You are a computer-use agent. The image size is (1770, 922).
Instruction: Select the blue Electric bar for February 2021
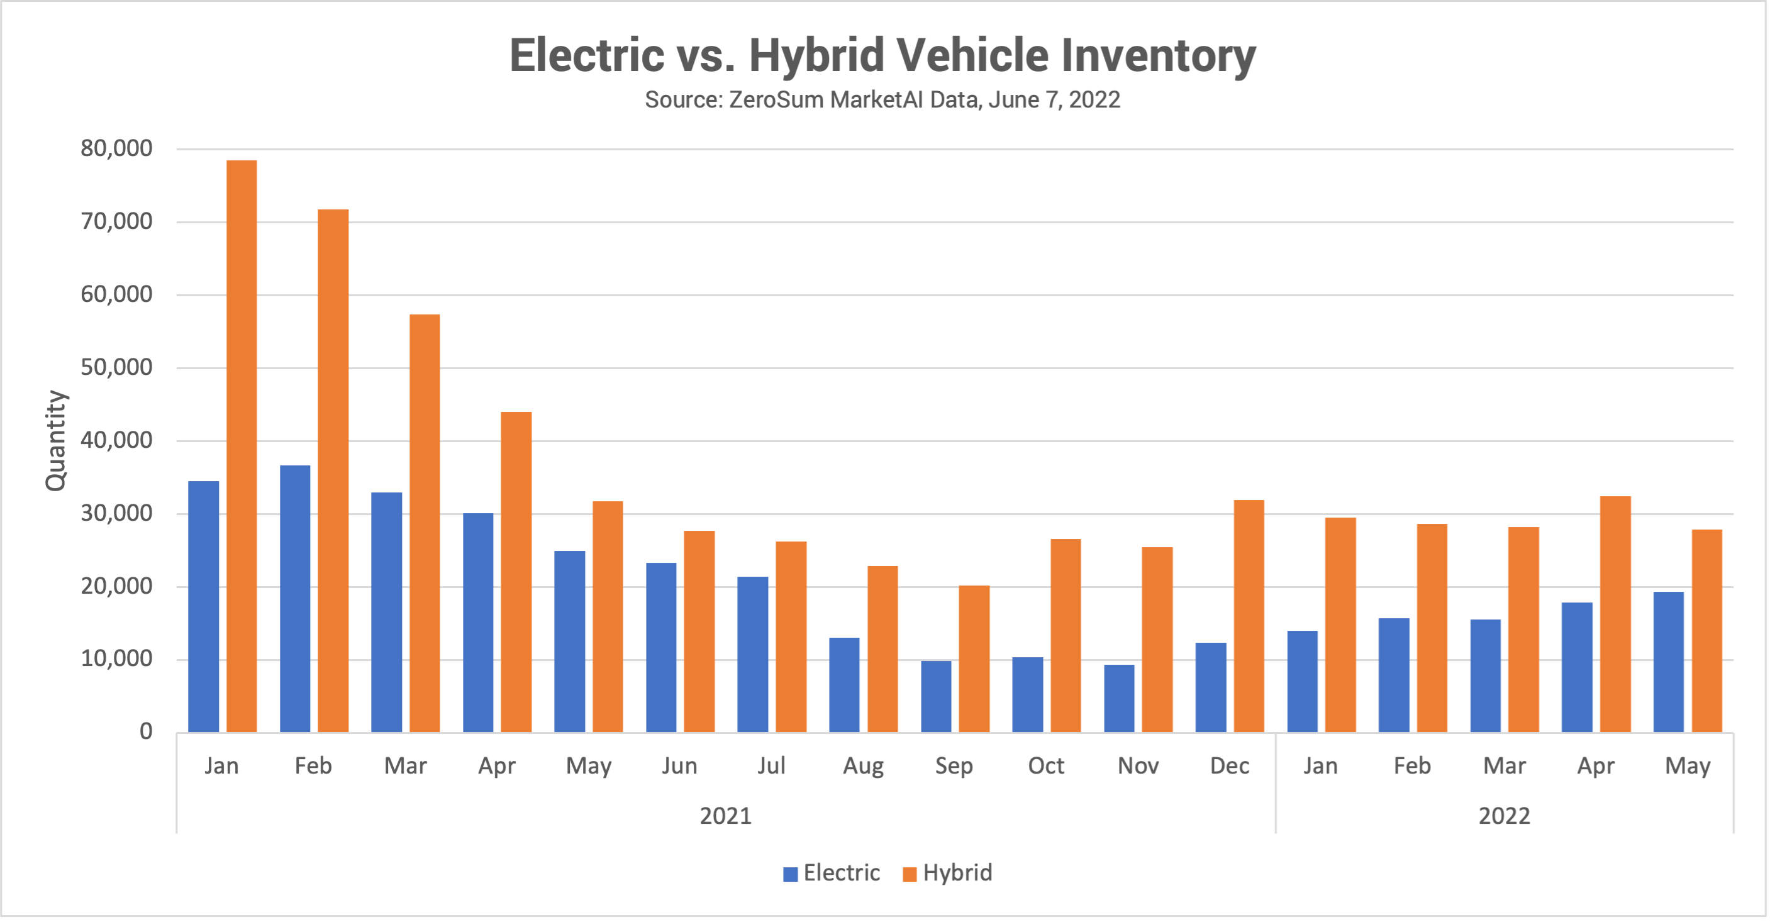pos(295,598)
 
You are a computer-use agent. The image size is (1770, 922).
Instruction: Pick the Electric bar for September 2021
pos(936,696)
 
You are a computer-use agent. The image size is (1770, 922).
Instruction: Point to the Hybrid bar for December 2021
pos(1249,616)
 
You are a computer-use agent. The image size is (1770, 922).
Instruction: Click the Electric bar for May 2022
pos(1668,662)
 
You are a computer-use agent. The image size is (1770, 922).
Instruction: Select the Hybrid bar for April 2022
pos(1615,614)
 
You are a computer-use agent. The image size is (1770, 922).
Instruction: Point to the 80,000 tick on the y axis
pos(116,148)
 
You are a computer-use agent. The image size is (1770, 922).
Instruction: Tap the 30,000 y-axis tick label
pos(116,513)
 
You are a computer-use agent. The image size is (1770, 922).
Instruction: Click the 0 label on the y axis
pos(146,731)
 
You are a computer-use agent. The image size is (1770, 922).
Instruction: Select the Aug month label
pos(863,766)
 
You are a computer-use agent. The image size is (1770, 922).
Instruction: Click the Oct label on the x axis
pos(1046,766)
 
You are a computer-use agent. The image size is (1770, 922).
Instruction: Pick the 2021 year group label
pos(726,816)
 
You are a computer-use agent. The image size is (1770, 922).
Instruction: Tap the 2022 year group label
pos(1504,816)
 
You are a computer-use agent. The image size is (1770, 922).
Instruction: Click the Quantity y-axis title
pos(55,440)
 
